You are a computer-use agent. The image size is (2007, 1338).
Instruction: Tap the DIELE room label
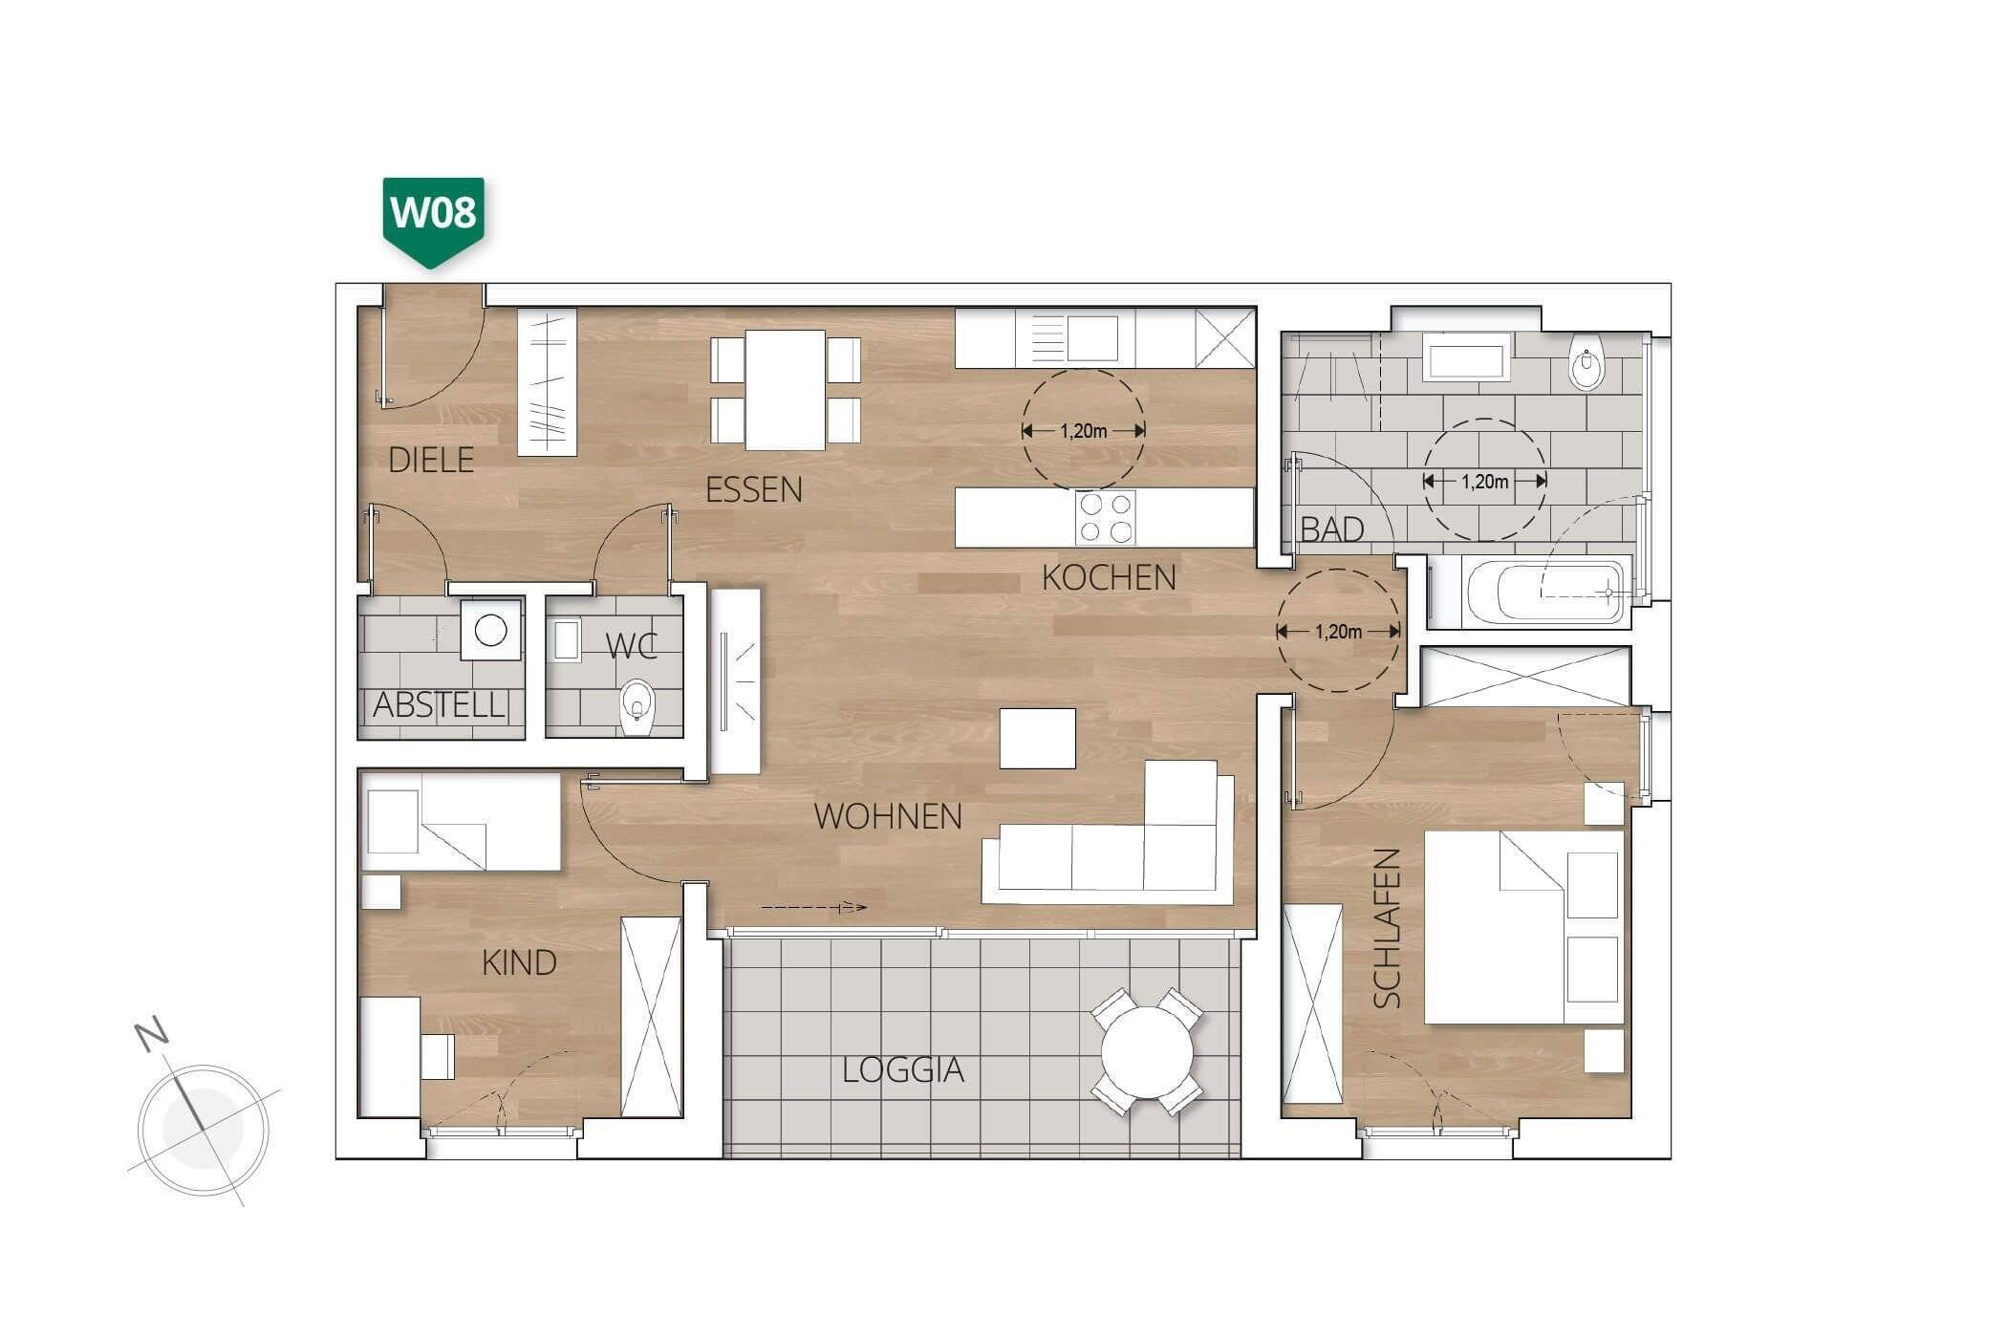(432, 461)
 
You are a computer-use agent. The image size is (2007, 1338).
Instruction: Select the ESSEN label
(754, 490)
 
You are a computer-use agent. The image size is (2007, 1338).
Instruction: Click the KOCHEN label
(1109, 577)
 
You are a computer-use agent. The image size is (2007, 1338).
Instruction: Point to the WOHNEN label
(888, 816)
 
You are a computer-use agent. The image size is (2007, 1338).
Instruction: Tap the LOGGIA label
(903, 1070)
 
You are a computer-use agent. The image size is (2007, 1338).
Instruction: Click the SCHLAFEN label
(1387, 928)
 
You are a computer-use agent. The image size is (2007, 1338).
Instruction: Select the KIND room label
(519, 962)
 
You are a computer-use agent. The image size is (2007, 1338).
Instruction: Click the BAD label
(1332, 529)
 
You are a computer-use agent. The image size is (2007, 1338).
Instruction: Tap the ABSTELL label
(439, 705)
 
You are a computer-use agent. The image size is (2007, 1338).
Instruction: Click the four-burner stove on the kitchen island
(1106, 517)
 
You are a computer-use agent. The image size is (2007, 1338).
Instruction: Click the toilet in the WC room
(636, 707)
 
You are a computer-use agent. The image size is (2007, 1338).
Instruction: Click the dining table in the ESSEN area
(785, 390)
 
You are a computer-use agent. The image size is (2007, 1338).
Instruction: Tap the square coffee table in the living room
(1038, 738)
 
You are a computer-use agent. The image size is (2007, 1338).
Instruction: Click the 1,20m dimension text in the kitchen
(1083, 431)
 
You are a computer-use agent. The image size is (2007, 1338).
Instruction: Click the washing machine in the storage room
(491, 630)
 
